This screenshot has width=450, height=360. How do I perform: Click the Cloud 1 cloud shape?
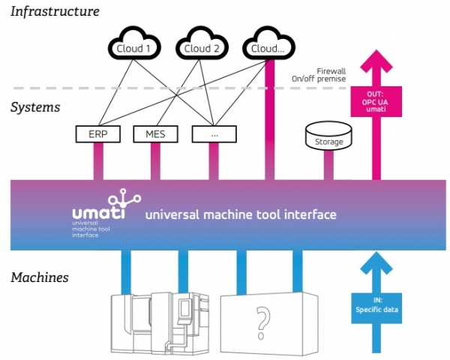pyautogui.click(x=133, y=47)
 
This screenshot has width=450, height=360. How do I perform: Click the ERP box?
pyautogui.click(x=97, y=135)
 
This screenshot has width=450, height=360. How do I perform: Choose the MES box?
pyautogui.click(x=155, y=135)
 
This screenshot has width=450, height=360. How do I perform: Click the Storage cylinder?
pyautogui.click(x=328, y=138)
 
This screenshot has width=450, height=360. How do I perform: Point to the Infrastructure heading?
pyautogui.click(x=55, y=11)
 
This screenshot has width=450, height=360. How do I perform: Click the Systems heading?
pyautogui.click(x=35, y=106)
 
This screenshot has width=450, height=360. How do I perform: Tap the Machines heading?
pyautogui.click(x=39, y=277)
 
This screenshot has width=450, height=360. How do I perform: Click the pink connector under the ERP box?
pyautogui.click(x=97, y=161)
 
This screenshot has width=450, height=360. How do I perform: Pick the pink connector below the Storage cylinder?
pyautogui.click(x=328, y=165)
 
